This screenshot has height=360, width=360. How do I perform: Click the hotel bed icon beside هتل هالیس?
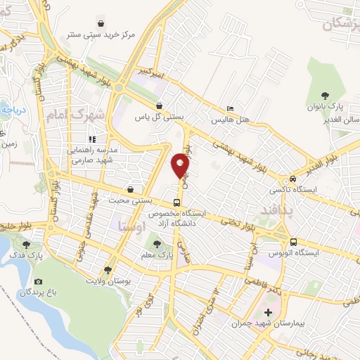(x=229, y=109)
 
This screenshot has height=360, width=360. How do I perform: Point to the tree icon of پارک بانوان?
(x=325, y=96)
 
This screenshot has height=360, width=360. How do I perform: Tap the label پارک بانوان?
(x=324, y=107)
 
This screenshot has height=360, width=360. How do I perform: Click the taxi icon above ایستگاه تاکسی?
(x=292, y=179)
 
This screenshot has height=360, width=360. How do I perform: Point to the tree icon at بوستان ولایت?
(x=108, y=269)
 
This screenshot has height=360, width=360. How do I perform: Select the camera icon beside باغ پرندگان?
(x=38, y=282)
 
